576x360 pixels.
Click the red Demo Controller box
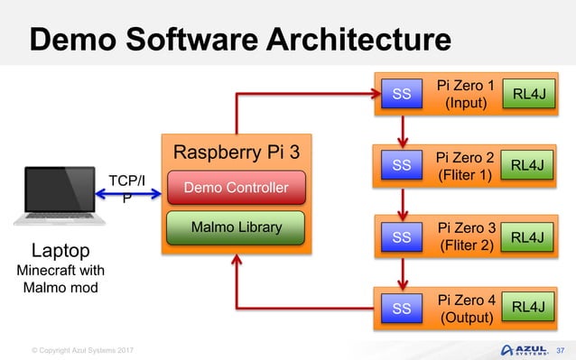(x=236, y=188)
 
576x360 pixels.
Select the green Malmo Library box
(x=236, y=226)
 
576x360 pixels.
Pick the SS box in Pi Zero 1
(x=402, y=93)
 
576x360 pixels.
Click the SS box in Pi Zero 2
(x=402, y=164)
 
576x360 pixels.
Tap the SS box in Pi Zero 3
(x=402, y=236)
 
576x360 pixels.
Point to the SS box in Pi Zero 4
(x=402, y=309)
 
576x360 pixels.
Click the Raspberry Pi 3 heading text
(x=236, y=151)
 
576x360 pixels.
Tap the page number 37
(x=559, y=349)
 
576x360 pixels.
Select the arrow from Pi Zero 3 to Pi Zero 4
(x=402, y=272)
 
